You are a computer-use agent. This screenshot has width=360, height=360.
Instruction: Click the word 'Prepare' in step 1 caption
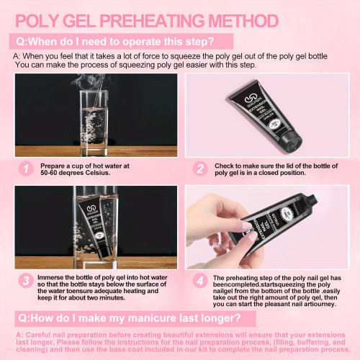coord(53,166)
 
